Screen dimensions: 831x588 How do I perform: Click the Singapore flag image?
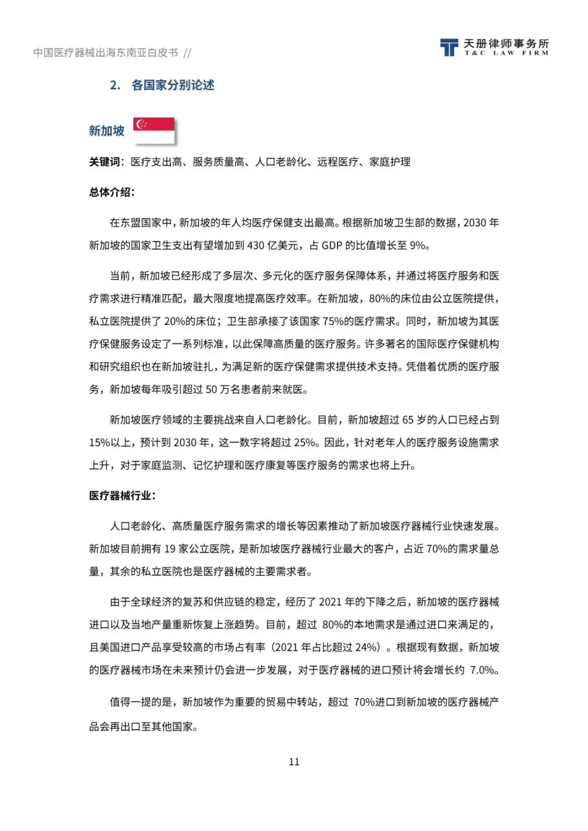point(154,131)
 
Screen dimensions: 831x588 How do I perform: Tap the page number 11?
point(294,761)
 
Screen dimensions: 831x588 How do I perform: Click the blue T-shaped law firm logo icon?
point(449,47)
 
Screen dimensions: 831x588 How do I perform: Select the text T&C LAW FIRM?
point(506,53)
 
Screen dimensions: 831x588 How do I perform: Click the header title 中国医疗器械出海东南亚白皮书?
point(106,53)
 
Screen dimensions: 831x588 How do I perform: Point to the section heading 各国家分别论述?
point(173,85)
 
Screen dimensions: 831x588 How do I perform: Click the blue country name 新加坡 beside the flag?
point(107,131)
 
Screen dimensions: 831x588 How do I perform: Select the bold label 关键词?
point(105,162)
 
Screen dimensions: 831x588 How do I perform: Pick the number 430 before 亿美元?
point(255,245)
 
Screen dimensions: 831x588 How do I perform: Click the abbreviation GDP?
point(332,245)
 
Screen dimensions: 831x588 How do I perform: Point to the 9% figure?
point(418,245)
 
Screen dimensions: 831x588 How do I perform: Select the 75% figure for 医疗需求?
point(333,321)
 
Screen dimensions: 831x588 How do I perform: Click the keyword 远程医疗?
point(338,162)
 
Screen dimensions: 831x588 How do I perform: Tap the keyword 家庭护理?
point(390,162)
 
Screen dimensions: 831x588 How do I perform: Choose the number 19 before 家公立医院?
point(170,549)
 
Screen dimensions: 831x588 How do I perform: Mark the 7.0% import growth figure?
point(482,670)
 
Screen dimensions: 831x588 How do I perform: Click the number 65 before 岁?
point(408,420)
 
